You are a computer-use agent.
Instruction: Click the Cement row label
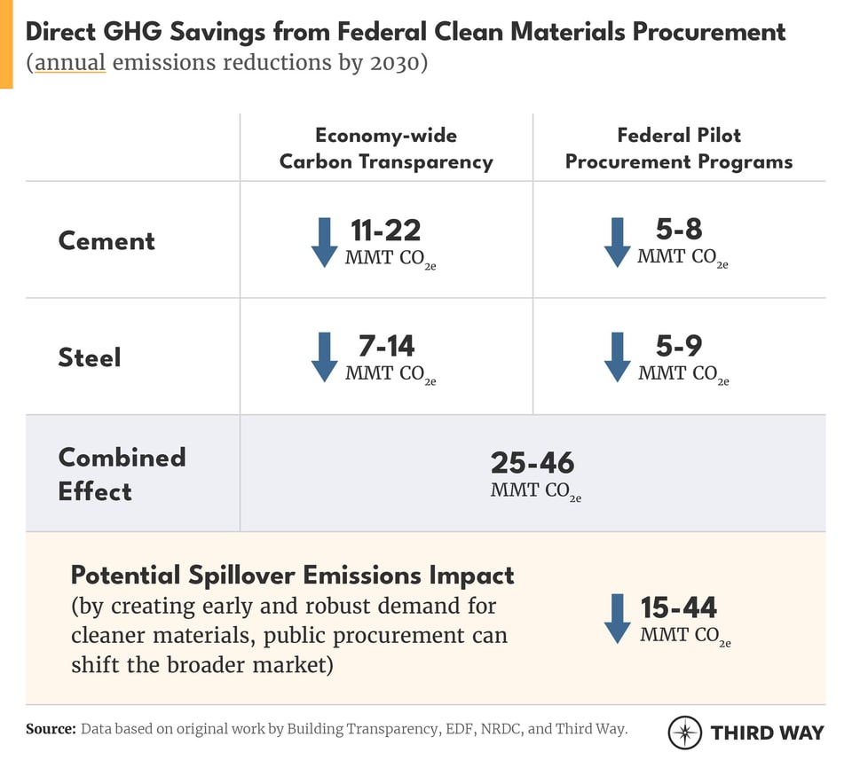[106, 241]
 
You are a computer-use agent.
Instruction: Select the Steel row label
[90, 357]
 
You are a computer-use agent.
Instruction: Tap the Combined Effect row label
[122, 474]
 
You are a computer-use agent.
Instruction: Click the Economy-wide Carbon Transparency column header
[386, 148]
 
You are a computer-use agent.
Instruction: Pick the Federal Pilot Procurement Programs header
[679, 148]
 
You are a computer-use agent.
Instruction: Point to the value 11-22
[385, 231]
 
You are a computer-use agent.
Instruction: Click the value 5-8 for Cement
[679, 230]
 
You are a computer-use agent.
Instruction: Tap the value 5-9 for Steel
[679, 346]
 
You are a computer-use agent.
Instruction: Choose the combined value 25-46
[532, 463]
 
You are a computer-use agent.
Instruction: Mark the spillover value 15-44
[679, 607]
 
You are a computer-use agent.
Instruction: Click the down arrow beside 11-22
[324, 242]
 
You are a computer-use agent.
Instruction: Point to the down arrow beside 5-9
[617, 357]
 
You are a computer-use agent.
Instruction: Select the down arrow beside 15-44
[617, 619]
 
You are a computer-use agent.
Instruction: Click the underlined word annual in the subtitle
[70, 65]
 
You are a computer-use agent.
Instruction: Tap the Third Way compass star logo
[685, 733]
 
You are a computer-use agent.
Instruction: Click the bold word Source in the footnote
[50, 729]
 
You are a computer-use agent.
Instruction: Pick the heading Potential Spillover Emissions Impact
[292, 575]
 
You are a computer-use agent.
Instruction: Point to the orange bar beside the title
[6, 44]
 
